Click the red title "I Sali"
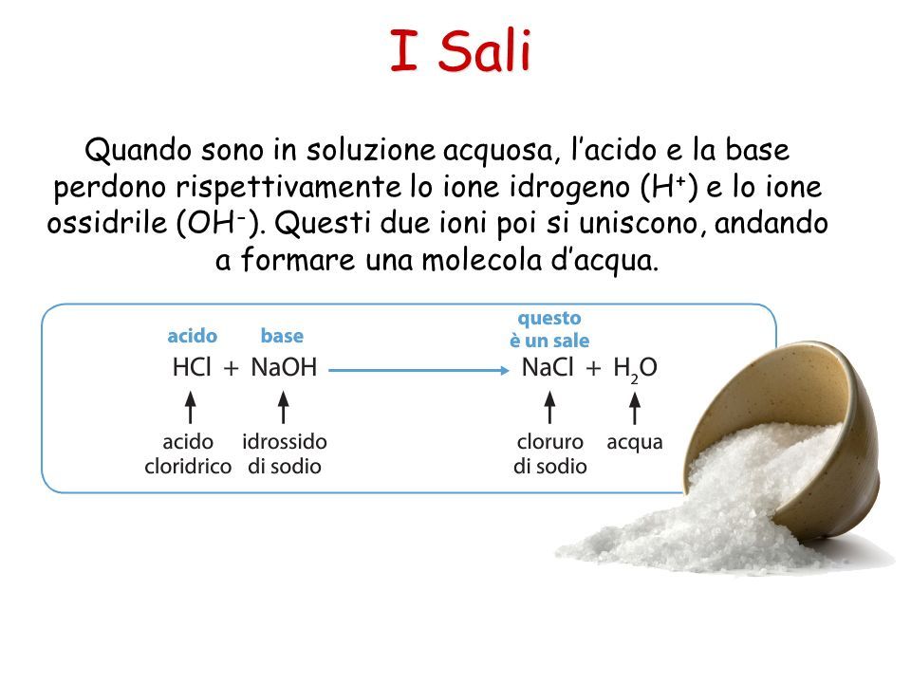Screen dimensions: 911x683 pyautogui.click(x=460, y=50)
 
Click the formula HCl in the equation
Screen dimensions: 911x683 pyautogui.click(x=192, y=367)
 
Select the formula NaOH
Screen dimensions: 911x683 pyautogui.click(x=284, y=367)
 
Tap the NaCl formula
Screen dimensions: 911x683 pyautogui.click(x=548, y=367)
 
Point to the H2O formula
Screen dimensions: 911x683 pyautogui.click(x=635, y=369)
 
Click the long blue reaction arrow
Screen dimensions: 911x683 pyautogui.click(x=418, y=370)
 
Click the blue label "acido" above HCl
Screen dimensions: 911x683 pyautogui.click(x=193, y=336)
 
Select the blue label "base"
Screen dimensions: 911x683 pyautogui.click(x=282, y=336)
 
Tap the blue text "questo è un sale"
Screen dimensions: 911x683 pyautogui.click(x=549, y=329)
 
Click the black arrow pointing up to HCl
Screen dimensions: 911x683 pyautogui.click(x=190, y=407)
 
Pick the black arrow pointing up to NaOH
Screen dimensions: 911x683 pyautogui.click(x=284, y=407)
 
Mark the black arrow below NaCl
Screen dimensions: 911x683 pyautogui.click(x=549, y=407)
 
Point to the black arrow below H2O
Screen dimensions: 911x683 pyautogui.click(x=635, y=408)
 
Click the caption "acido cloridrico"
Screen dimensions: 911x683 pyautogui.click(x=188, y=454)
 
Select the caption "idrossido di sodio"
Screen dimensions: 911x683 pyautogui.click(x=285, y=454)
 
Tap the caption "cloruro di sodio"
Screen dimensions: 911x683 pyautogui.click(x=550, y=454)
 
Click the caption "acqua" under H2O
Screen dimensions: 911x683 pyautogui.click(x=635, y=443)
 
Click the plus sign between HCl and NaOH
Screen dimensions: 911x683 pyautogui.click(x=232, y=369)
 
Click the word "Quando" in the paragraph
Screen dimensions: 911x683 pyautogui.click(x=139, y=151)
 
